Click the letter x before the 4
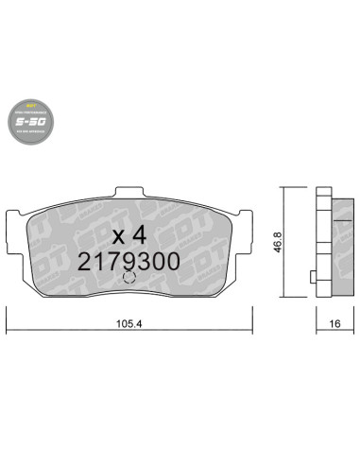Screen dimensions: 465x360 click(x=120, y=234)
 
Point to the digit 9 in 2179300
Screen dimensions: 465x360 click(x=135, y=262)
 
